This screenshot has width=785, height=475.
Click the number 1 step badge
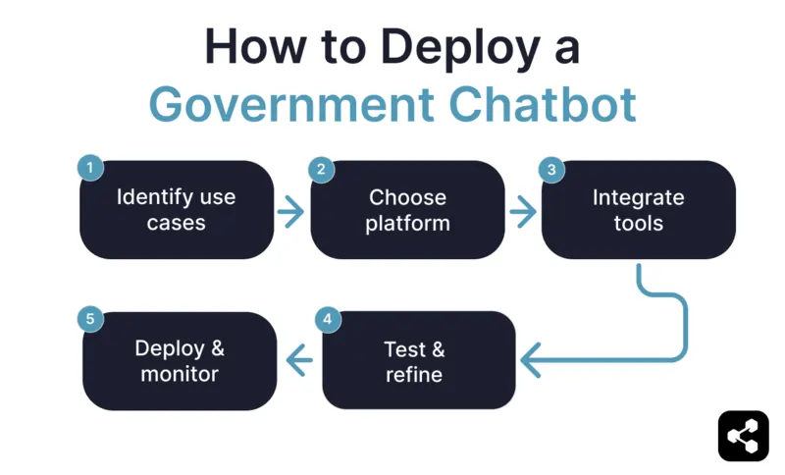point(90,168)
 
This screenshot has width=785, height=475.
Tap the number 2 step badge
point(321,169)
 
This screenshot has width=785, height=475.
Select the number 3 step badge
point(551,169)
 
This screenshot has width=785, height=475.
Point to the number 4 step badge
point(328,319)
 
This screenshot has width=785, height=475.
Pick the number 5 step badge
point(90,319)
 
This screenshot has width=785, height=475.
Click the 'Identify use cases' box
point(177,210)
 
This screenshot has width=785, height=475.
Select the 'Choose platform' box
point(407,210)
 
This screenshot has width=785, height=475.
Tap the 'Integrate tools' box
point(639,210)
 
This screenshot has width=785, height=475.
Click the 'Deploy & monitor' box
point(180,361)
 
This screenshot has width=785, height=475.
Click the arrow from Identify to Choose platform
point(291,211)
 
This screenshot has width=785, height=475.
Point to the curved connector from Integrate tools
point(677,314)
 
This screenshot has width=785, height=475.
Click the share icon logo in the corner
point(743,436)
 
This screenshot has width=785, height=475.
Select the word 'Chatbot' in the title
point(552,104)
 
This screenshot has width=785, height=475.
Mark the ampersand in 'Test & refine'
point(438,349)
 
